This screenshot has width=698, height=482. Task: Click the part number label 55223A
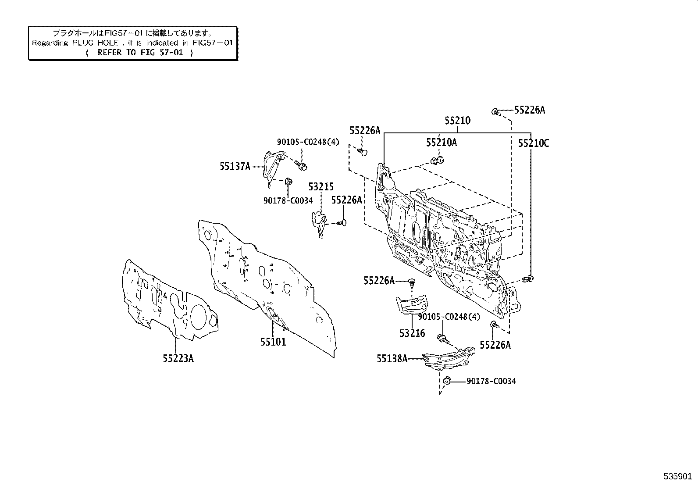coord(178,358)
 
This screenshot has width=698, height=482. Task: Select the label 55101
coord(273,342)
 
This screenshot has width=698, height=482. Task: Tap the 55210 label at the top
coord(457,120)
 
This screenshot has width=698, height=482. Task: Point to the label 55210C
coord(533,143)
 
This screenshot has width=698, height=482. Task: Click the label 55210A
coord(441,142)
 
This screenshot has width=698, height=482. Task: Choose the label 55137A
coord(235,166)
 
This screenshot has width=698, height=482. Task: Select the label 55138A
coord(392,359)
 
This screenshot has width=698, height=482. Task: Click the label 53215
coord(321,187)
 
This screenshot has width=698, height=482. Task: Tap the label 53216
coord(412,333)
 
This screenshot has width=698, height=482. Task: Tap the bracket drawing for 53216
coord(411,304)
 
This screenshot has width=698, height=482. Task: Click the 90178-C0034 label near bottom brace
coord(491,381)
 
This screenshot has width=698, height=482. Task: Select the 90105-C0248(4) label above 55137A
coord(308,142)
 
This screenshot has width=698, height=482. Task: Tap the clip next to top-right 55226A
coord(495,111)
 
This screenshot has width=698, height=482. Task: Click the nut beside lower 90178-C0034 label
coord(447,380)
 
